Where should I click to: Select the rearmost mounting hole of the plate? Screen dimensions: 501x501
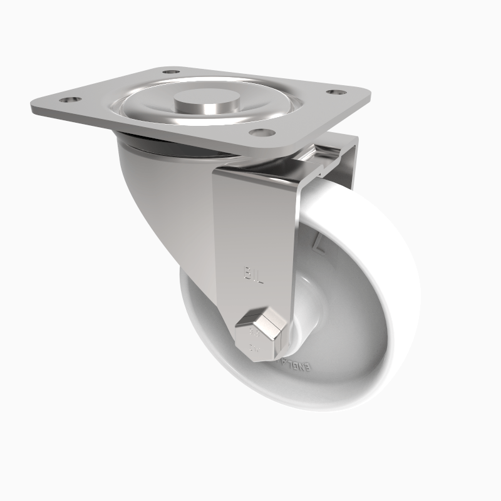point(170,72)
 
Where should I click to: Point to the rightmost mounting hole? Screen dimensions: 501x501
point(336,92)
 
